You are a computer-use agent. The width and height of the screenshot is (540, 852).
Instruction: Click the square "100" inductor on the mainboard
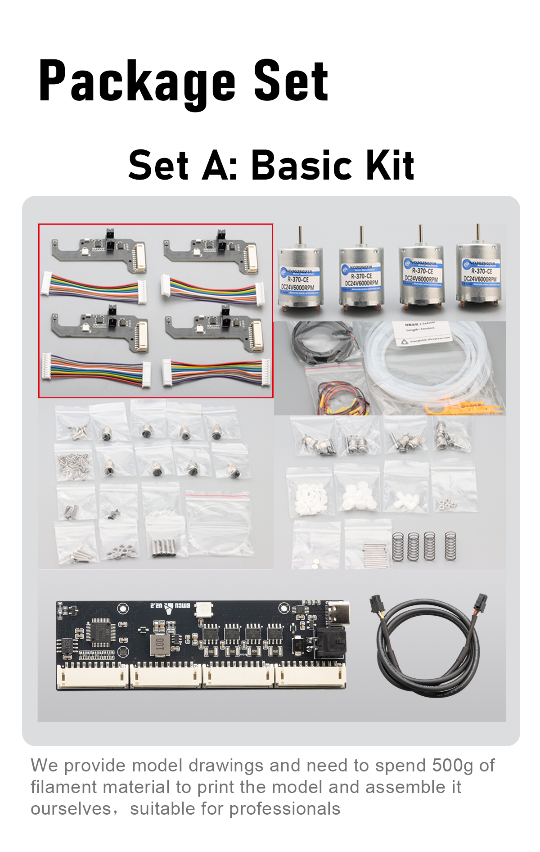[x=160, y=645]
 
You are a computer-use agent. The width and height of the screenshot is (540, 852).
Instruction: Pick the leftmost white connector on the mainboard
[x=92, y=676]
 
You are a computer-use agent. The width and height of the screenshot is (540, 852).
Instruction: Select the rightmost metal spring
[x=450, y=546]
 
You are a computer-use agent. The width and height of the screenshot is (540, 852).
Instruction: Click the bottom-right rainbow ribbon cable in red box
[x=216, y=372]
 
